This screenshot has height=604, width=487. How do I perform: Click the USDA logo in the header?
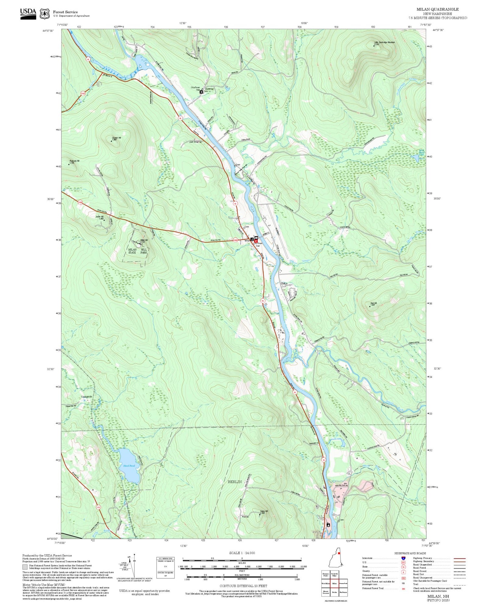point(28,14)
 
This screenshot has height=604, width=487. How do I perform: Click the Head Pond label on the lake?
point(129,465)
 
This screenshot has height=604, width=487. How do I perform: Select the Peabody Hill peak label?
point(74,161)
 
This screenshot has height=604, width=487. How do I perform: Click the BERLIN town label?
point(234,482)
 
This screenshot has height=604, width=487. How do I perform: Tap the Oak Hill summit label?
point(373,304)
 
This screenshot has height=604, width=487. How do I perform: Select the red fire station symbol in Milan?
point(256,241)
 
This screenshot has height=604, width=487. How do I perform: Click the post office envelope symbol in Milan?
point(256,238)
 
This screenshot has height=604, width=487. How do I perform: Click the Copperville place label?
point(87,397)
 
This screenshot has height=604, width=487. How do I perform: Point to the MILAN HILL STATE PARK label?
point(138,251)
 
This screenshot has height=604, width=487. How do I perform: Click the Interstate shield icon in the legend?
point(403,558)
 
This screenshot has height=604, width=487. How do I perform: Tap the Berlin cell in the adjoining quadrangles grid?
point(334,592)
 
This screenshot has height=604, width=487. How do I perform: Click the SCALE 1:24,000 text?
point(242,553)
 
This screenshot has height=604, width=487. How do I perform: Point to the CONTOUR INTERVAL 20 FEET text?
point(243,586)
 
